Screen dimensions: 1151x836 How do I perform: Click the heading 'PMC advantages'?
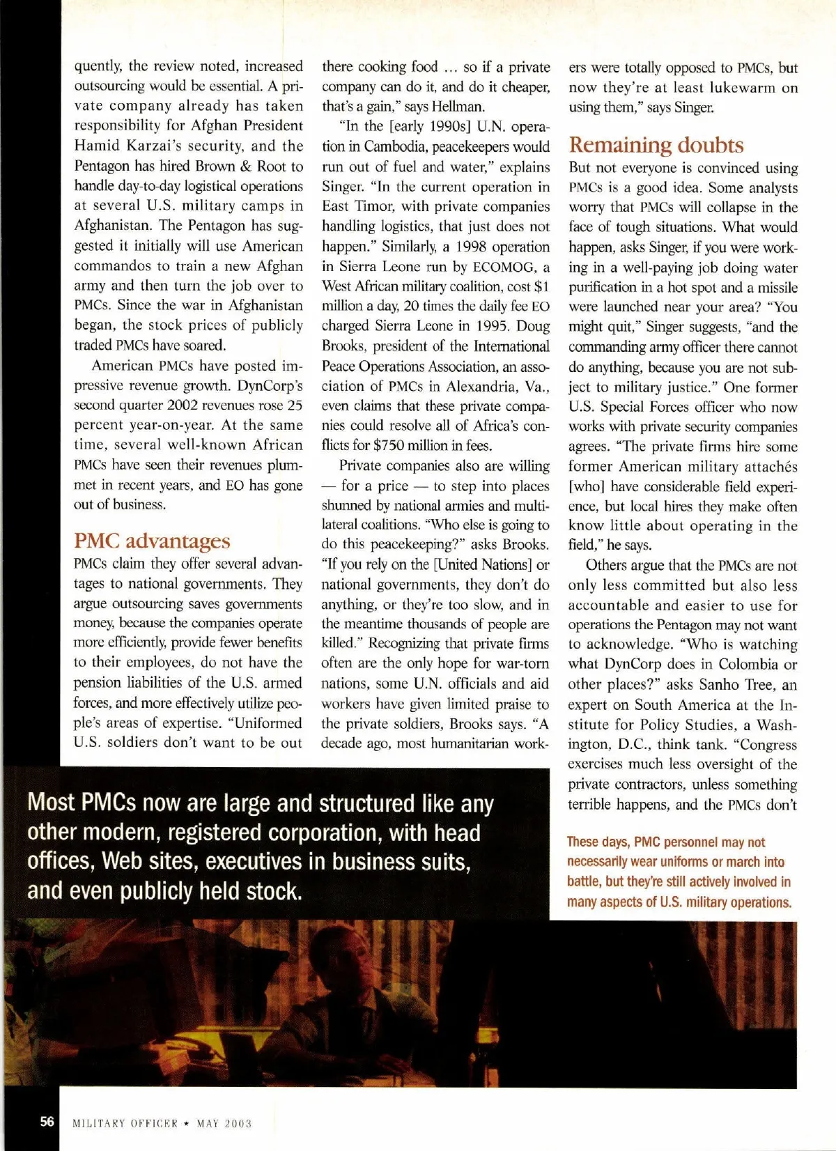152,541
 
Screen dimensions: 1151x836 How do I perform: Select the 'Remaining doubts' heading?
656,145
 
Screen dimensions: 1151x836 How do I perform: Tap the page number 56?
47,1121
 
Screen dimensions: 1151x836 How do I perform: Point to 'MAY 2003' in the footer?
224,1123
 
